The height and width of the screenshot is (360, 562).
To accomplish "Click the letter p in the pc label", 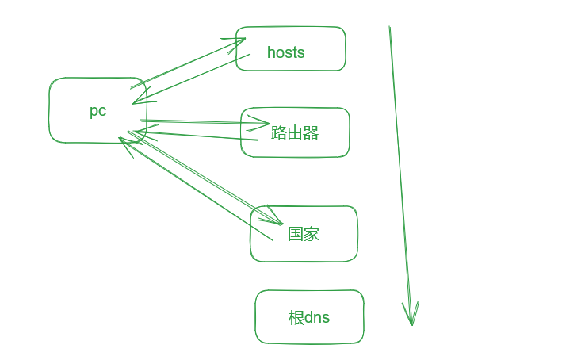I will (x=94, y=112).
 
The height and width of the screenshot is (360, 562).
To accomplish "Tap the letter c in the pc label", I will (x=102, y=112).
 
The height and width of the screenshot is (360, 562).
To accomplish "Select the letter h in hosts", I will (x=272, y=52).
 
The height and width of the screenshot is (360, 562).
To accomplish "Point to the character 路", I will (x=279, y=132).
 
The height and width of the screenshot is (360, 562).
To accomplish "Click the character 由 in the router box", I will (x=295, y=132).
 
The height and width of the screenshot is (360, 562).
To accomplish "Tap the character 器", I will (x=311, y=132).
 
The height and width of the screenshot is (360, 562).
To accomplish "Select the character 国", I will (x=296, y=234).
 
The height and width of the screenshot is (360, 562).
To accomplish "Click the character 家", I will (x=312, y=234).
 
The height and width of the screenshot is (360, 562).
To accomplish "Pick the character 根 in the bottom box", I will (x=296, y=318).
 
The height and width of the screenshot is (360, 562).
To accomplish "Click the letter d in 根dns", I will (x=310, y=318).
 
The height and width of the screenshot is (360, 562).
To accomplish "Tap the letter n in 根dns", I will (x=319, y=318).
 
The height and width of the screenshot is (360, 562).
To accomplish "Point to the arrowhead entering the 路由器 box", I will (x=268, y=123).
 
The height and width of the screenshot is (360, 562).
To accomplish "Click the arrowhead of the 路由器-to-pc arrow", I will (x=138, y=131).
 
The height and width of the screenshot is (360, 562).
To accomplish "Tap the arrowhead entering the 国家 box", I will (x=280, y=222).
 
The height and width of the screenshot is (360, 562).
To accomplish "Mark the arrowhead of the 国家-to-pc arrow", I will (x=121, y=140).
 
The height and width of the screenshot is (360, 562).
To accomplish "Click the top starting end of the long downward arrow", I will (x=389, y=28).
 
